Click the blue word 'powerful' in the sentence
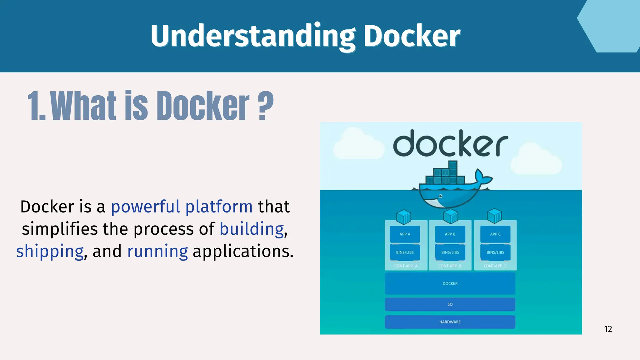click(146, 207)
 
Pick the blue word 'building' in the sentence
click(252, 229)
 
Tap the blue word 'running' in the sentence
click(157, 252)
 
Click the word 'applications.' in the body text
click(243, 252)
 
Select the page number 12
click(608, 329)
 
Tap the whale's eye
click(441, 196)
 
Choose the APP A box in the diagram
click(405, 234)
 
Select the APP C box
click(495, 234)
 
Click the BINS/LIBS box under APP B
click(450, 252)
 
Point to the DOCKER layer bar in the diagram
click(450, 283)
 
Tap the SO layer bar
click(450, 304)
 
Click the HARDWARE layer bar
click(450, 322)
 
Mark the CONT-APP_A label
click(406, 266)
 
